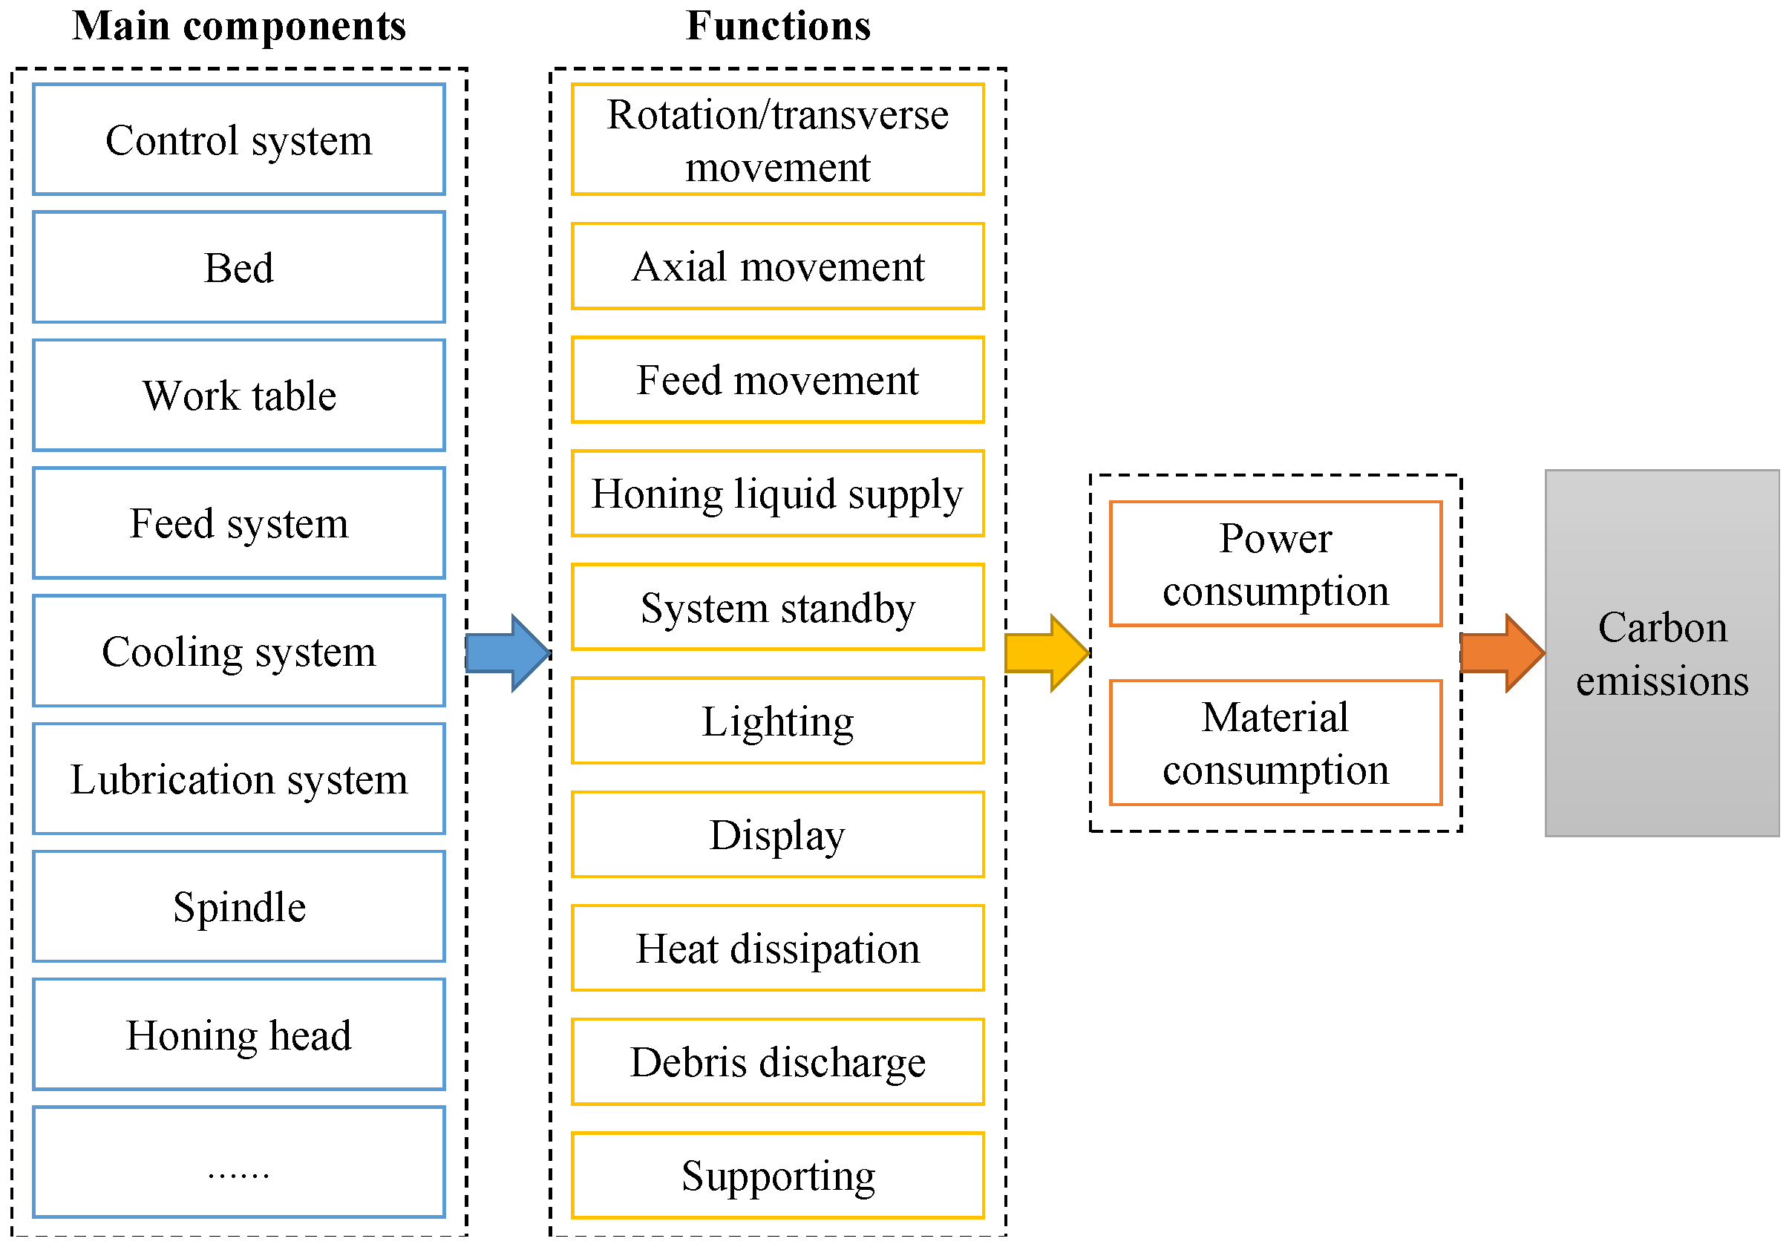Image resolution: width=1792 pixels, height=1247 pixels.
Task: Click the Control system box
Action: (239, 140)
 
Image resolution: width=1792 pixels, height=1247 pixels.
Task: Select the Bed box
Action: (239, 268)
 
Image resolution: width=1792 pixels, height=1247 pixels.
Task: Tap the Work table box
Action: (239, 396)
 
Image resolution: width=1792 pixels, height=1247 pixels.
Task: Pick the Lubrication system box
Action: (239, 779)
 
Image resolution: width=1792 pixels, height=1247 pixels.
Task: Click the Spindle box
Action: (239, 907)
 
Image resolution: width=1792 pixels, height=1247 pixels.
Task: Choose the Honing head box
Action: (239, 1035)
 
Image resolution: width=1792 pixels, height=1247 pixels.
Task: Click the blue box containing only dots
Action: (239, 1162)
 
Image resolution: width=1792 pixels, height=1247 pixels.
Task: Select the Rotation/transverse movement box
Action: (777, 140)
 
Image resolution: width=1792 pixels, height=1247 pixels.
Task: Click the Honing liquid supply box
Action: (777, 494)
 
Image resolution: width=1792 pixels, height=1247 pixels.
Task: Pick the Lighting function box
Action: (777, 721)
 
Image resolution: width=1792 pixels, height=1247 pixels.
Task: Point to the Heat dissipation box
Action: (777, 948)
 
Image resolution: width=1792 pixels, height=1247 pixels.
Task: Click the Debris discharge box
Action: (777, 1062)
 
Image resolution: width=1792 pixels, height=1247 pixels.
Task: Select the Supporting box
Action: (777, 1176)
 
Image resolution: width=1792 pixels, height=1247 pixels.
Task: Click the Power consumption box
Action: (1275, 564)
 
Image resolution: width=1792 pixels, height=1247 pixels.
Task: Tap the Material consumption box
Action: (1275, 743)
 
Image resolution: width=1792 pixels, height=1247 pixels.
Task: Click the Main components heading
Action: (239, 26)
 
